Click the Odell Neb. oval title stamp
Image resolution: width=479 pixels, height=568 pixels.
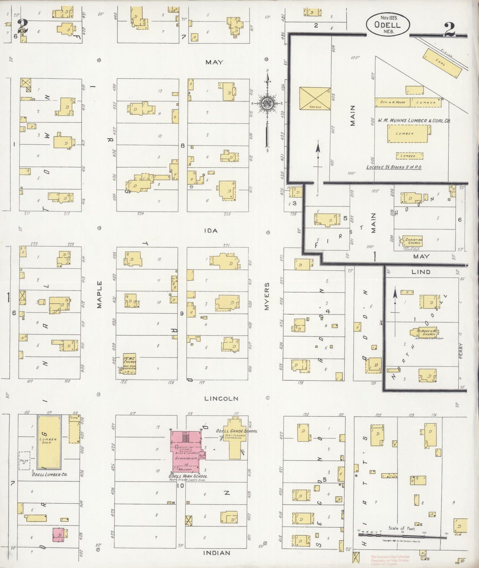[388, 25]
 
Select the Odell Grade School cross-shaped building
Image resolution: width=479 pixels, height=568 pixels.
[234, 437]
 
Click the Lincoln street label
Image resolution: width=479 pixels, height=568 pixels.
[221, 398]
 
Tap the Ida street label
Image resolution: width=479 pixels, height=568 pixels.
[211, 230]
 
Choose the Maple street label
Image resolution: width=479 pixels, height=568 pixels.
[99, 295]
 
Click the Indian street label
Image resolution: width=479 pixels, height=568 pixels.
[216, 553]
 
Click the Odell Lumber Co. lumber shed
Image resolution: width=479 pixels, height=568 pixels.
[49, 442]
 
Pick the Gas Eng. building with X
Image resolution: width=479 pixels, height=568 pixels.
[315, 98]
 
